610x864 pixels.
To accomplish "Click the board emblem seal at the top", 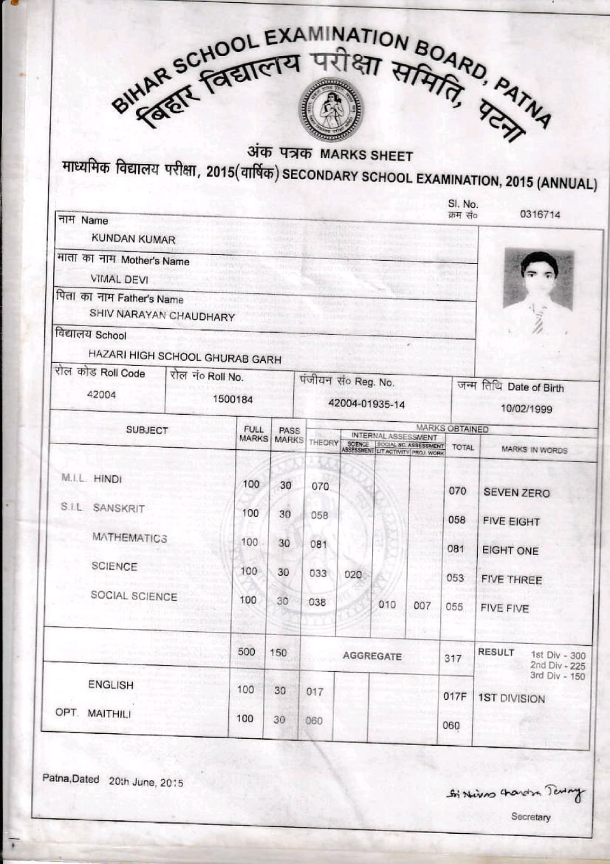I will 331,110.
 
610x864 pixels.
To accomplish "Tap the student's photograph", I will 538,292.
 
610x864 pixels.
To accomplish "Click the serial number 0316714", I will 540,214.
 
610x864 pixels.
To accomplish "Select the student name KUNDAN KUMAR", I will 133,239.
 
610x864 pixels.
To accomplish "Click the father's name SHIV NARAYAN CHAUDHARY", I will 162,315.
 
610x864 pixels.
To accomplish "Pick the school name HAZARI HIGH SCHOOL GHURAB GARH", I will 185,357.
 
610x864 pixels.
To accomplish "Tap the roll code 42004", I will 101,395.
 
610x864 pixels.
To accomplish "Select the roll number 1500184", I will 233,399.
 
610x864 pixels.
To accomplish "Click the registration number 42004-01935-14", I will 367,404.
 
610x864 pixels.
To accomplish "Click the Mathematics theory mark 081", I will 318,544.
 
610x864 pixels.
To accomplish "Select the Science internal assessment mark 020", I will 353,575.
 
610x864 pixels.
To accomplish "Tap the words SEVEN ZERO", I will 516,492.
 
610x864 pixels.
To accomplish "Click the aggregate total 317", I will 453,658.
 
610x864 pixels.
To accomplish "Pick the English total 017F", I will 455,697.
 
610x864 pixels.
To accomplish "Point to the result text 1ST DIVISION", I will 511,699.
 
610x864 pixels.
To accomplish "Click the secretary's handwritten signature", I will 515,793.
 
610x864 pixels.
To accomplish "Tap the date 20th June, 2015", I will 146,782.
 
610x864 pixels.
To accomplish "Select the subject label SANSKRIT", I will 119,508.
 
